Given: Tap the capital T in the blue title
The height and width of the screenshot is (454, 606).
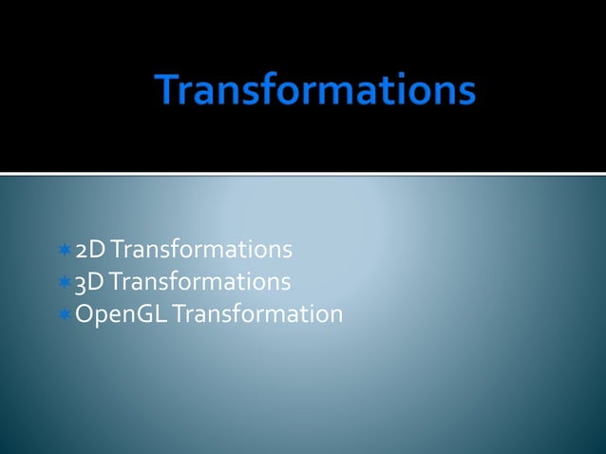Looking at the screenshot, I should pos(172,91).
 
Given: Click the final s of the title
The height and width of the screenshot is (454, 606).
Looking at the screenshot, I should pos(464,95).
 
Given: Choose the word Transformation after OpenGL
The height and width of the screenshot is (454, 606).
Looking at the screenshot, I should pos(256,313).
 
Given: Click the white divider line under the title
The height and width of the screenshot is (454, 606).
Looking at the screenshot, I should pos(303,174).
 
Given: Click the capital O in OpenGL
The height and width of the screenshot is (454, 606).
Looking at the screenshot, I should pos(85,313).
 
